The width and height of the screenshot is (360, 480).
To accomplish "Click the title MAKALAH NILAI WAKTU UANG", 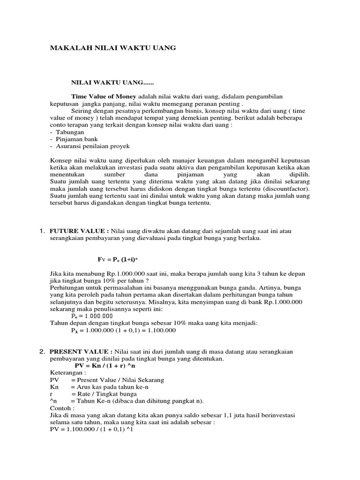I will coord(113,48).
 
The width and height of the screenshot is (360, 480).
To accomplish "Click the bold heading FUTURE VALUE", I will coord(79,231).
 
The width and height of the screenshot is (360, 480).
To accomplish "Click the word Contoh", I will coord(60,408).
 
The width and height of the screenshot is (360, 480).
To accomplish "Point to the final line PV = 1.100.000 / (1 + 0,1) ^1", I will coord(91,429).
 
